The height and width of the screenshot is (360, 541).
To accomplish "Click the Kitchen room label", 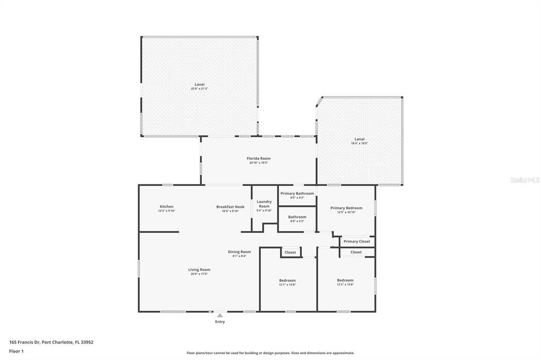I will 166,206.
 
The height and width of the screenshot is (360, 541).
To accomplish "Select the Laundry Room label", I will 264,204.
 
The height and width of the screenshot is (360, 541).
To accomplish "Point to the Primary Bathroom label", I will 297,193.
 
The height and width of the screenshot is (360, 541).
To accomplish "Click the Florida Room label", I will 259,158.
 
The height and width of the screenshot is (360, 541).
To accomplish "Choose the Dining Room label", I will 239,252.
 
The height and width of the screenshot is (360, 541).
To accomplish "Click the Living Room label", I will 199,270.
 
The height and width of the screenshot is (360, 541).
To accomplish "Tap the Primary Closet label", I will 357,241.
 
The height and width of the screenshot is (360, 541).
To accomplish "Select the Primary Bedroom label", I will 346,208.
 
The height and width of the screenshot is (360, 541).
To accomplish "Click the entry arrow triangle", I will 220,316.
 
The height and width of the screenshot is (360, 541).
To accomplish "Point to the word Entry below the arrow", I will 220,321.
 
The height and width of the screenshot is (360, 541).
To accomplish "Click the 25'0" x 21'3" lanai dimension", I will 199,89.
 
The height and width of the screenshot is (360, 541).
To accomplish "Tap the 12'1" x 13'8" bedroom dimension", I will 287,285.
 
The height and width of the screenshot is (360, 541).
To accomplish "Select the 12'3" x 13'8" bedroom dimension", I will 345,285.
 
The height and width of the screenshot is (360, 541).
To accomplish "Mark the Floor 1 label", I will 16,351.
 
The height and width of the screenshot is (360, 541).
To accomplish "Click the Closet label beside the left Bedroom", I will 290,252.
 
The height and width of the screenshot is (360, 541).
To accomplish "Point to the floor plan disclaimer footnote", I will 270,353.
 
